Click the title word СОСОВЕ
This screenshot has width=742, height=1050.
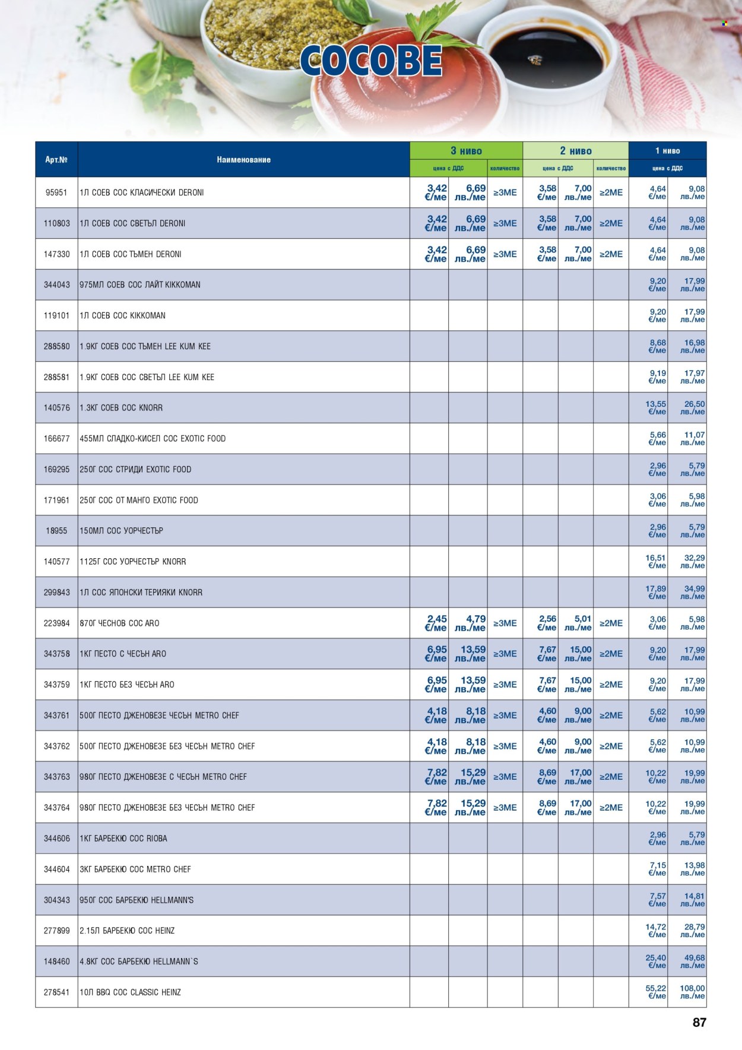(x=371, y=61)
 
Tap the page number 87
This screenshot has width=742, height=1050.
(x=699, y=1022)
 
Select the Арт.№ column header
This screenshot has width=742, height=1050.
(x=56, y=159)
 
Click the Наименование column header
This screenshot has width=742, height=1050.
(x=243, y=159)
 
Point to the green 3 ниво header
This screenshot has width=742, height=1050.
(x=466, y=151)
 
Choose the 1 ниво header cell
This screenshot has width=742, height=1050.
(x=667, y=151)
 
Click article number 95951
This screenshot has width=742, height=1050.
(x=56, y=192)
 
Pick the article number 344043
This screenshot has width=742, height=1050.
(x=56, y=284)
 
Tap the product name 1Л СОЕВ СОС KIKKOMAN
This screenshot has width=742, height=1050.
(x=122, y=315)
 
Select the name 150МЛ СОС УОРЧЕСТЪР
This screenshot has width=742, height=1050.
(x=121, y=530)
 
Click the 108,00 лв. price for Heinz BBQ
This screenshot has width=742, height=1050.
(x=692, y=992)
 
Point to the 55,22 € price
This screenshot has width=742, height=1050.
(x=656, y=992)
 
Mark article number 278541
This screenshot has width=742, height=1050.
(x=56, y=992)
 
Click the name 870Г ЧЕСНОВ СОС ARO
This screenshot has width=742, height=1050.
(x=119, y=623)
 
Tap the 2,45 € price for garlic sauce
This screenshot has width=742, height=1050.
(x=436, y=623)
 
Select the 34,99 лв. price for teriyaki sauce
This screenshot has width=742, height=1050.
(x=692, y=592)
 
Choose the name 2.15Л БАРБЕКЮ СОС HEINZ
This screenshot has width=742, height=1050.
(x=127, y=931)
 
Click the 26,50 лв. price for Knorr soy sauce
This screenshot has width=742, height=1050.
(x=692, y=407)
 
